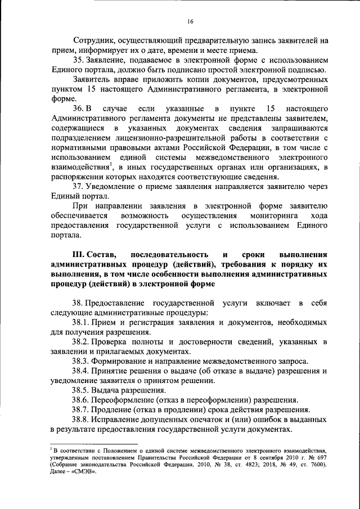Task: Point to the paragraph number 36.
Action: (x=78, y=108)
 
